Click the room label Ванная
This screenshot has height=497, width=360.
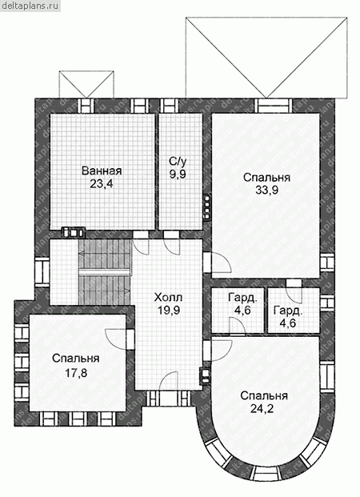(102, 170)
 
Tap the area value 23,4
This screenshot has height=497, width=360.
(101, 184)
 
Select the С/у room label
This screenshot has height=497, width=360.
(178, 162)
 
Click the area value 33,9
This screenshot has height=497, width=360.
(266, 190)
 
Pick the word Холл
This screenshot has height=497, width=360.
(168, 298)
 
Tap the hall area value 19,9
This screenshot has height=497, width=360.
(169, 310)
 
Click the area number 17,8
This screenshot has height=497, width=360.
(76, 373)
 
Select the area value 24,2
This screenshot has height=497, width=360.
(262, 409)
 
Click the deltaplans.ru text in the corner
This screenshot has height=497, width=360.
(30, 6)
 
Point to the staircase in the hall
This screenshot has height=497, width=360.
(105, 272)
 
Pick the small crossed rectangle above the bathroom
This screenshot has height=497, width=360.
(86, 84)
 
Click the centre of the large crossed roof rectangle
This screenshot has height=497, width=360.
(266, 57)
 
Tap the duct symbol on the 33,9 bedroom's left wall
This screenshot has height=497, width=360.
(207, 206)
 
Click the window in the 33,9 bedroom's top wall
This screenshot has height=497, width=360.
(274, 106)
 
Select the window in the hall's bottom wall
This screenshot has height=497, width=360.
(169, 398)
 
